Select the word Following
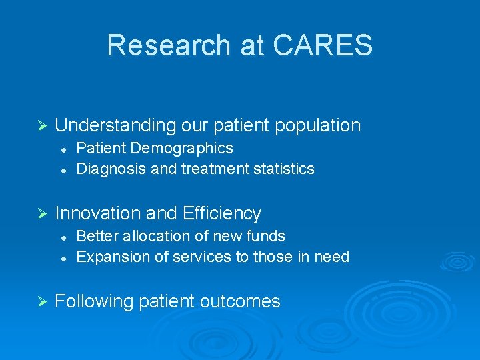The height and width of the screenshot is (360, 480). [94, 301]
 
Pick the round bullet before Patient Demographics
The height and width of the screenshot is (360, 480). [62, 149]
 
